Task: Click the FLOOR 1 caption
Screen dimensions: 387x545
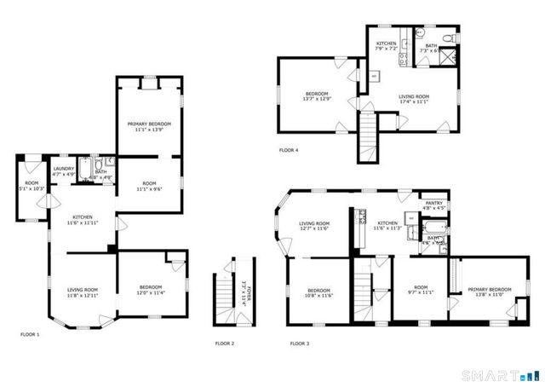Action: pyautogui.click(x=31, y=334)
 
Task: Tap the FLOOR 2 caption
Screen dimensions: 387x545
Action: pyautogui.click(x=225, y=344)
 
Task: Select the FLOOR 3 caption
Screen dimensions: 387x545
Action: pyautogui.click(x=300, y=344)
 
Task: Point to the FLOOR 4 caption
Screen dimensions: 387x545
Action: pyautogui.click(x=289, y=150)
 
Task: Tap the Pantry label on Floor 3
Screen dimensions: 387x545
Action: pyautogui.click(x=434, y=205)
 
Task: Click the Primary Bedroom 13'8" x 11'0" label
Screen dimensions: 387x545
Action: pyautogui.click(x=490, y=292)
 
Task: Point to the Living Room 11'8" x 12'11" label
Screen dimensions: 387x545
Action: pyautogui.click(x=83, y=292)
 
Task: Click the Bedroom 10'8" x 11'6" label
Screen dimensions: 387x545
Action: pyautogui.click(x=318, y=292)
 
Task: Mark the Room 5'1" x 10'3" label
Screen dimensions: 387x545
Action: pyautogui.click(x=32, y=185)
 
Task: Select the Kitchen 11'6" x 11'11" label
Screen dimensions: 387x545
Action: pyautogui.click(x=83, y=219)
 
